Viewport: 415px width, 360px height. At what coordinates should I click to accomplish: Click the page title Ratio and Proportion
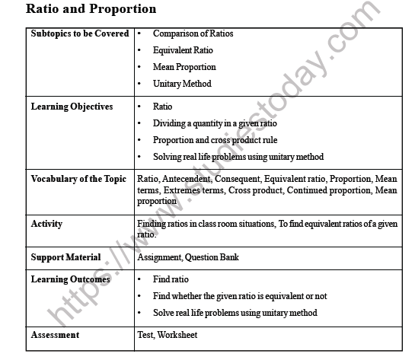coord(91,10)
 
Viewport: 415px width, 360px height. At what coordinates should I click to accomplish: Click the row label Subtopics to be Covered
coord(79,34)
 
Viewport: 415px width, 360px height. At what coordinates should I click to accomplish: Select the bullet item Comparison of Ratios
coord(193,34)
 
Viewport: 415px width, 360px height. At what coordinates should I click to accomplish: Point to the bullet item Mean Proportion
coord(184,68)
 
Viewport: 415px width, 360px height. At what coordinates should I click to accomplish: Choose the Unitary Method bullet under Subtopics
coord(182,84)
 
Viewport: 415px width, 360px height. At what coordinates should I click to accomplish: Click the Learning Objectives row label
coord(72,107)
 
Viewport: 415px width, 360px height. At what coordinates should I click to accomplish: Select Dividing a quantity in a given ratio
coord(215,123)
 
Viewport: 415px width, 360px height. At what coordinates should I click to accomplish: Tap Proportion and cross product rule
coord(215,140)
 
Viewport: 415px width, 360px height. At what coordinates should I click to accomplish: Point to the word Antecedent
coord(184,180)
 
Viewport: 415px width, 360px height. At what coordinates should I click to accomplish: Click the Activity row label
coord(46,225)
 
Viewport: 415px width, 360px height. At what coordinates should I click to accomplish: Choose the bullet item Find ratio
coord(171,280)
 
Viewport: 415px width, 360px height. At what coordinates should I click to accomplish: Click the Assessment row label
coord(55,335)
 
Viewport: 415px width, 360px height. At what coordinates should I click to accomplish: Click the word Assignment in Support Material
coord(159,258)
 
